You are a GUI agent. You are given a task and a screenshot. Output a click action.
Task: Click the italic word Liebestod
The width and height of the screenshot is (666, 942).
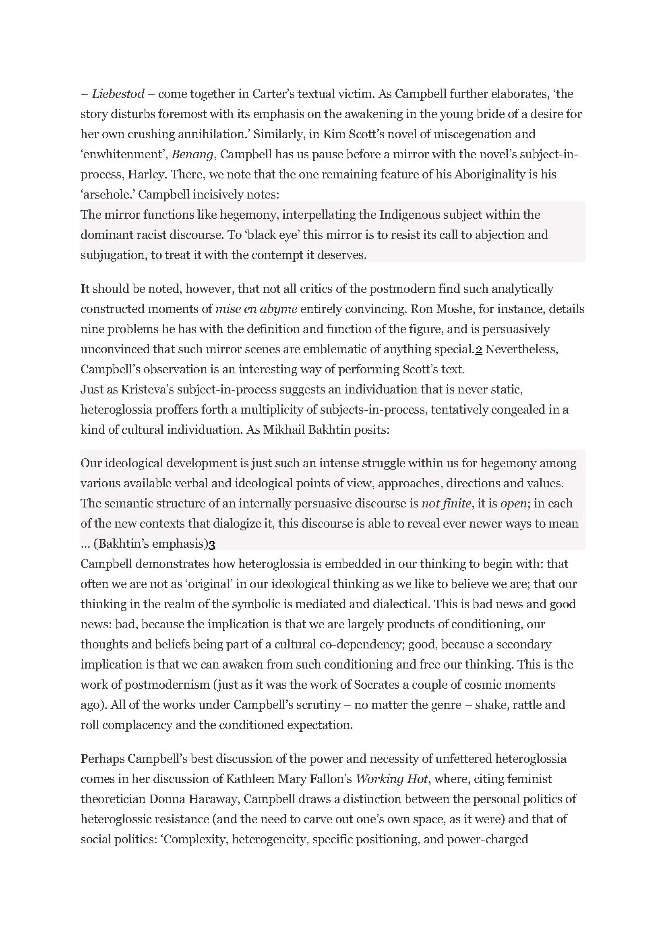tap(118, 94)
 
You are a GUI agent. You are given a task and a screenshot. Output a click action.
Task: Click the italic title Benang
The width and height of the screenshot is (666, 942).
tap(192, 154)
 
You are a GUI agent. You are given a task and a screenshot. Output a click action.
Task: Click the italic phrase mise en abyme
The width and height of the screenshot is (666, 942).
tap(256, 308)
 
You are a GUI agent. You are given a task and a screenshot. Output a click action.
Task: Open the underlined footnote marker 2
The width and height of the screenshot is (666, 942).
tap(478, 349)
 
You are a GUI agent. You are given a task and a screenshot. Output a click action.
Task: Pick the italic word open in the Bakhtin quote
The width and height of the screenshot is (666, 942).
tap(513, 503)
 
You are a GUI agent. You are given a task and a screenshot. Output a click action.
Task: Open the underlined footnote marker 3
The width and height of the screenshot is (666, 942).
tap(212, 544)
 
